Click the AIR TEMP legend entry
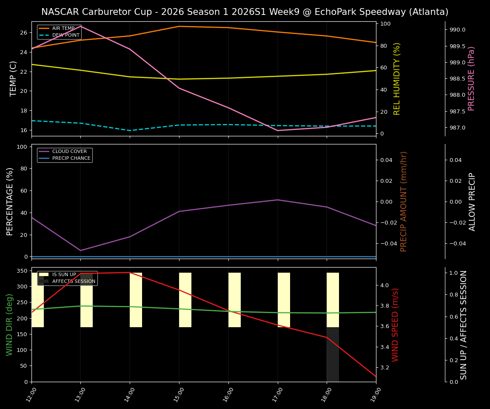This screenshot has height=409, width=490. click(x=63, y=28)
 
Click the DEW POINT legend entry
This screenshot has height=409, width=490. click(x=66, y=35)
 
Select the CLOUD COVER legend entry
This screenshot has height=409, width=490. click(x=69, y=151)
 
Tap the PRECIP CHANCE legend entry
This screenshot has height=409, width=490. click(x=71, y=158)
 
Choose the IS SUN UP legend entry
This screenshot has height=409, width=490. click(x=64, y=275)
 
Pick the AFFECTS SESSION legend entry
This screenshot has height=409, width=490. click(x=74, y=281)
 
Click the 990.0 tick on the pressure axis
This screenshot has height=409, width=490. click(x=455, y=30)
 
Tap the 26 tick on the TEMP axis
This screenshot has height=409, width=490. click(x=23, y=33)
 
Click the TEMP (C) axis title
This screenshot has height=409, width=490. click(x=13, y=78)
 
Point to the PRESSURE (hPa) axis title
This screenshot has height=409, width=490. click(x=471, y=78)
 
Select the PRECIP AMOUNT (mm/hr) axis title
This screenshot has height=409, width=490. click(x=404, y=201)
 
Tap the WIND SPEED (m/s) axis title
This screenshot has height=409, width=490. click(x=395, y=324)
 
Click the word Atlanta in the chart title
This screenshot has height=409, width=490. click(x=428, y=12)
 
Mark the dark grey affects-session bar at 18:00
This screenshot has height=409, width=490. click(x=333, y=354)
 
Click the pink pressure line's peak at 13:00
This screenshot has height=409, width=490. click(x=81, y=26)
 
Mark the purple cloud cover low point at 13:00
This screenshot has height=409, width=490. click(x=81, y=251)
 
